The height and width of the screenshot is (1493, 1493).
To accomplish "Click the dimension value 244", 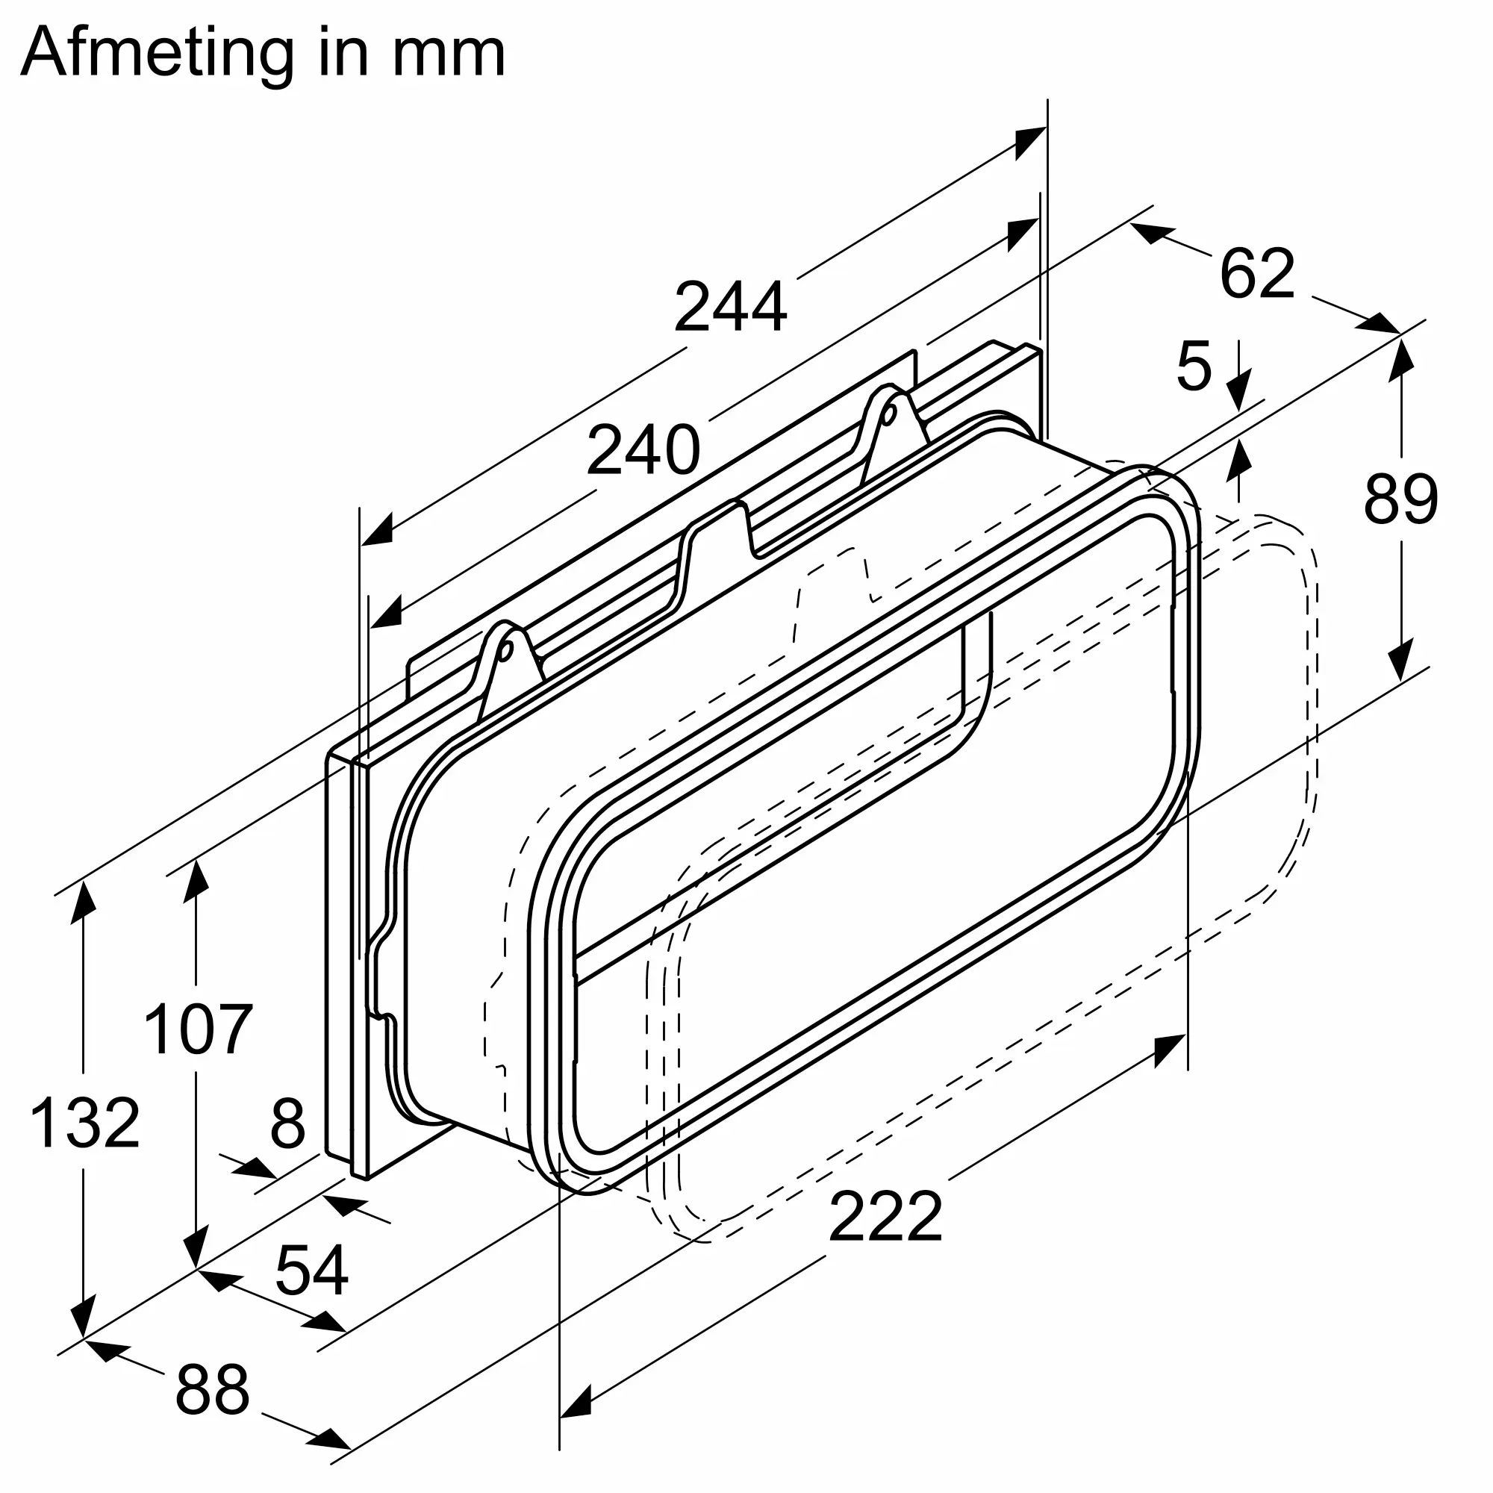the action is pyautogui.click(x=730, y=307).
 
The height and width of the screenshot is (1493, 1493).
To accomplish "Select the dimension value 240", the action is pyautogui.click(x=643, y=451).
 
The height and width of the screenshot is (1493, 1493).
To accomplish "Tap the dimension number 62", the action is pyautogui.click(x=1257, y=273).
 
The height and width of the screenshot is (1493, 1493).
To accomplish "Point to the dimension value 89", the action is pyautogui.click(x=1400, y=499).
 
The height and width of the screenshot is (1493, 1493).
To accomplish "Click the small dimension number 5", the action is pyautogui.click(x=1194, y=367).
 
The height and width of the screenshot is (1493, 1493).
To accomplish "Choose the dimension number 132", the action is pyautogui.click(x=85, y=1123).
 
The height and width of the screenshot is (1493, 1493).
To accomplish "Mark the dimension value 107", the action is pyautogui.click(x=198, y=1029).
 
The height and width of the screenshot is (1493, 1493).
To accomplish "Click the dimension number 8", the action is pyautogui.click(x=287, y=1123).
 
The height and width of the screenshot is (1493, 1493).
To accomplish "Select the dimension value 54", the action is pyautogui.click(x=311, y=1271).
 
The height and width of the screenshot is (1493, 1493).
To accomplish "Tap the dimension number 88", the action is pyautogui.click(x=213, y=1388).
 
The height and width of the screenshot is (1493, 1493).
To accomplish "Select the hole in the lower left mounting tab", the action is pyautogui.click(x=506, y=651).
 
